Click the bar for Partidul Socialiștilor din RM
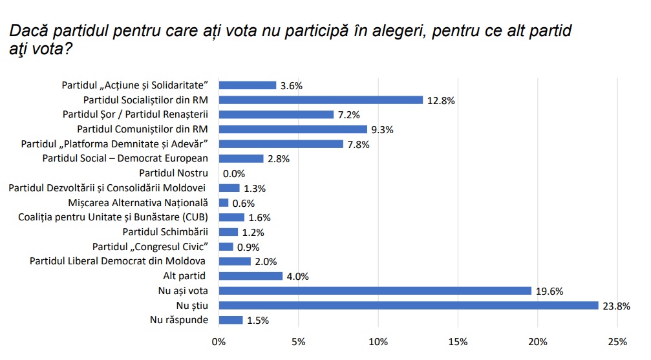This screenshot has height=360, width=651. point(321,100)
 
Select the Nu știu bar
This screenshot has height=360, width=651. point(409,306)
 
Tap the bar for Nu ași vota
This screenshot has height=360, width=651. point(375,291)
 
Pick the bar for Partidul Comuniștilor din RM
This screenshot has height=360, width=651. point(293,129)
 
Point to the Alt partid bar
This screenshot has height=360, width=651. point(251,276)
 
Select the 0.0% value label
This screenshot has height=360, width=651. point(233,174)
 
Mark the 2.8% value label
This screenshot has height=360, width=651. point(279,159)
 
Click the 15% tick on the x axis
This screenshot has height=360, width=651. point(458,341)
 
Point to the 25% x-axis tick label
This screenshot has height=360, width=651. point(617,341)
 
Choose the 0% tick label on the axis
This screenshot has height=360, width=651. point(219,341)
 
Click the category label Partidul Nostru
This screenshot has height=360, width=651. point(173,173)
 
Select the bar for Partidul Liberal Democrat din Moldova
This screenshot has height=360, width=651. point(235,262)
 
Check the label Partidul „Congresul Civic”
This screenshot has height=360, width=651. point(151,247)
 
